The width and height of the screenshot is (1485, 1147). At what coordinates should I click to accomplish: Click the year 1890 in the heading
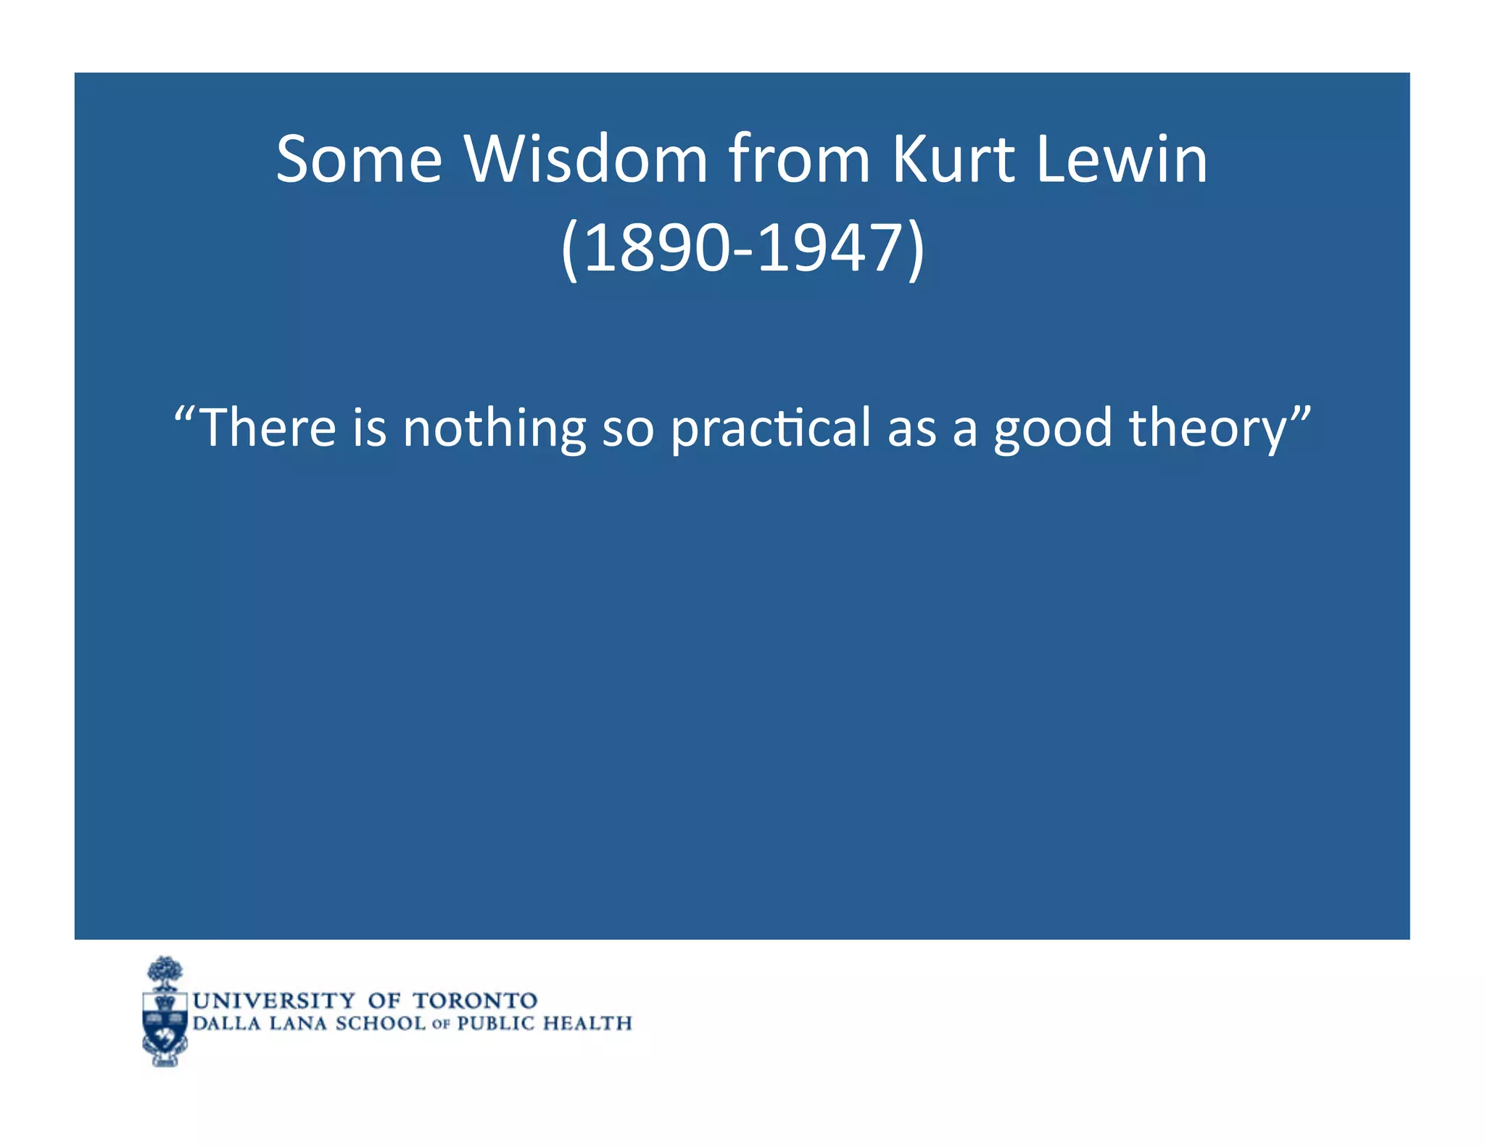(655, 248)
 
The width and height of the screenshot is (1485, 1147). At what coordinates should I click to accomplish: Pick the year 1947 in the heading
(829, 248)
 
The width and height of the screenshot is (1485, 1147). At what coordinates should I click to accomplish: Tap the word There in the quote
(267, 427)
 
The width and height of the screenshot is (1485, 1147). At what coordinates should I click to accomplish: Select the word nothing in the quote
(494, 427)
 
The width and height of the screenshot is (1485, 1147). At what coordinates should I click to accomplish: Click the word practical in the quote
(770, 427)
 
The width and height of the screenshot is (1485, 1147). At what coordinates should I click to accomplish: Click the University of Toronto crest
(165, 1011)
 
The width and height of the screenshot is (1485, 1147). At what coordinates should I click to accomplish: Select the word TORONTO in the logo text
(475, 1001)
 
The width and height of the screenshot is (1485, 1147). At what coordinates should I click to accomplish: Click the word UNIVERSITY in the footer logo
(274, 1001)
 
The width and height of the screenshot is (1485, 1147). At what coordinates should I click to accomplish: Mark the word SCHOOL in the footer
(380, 1024)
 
